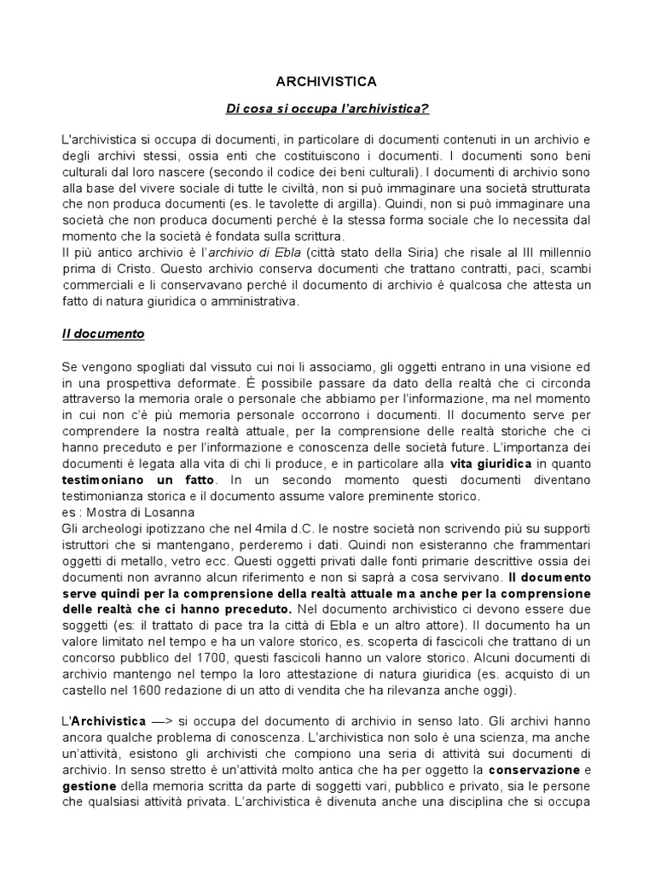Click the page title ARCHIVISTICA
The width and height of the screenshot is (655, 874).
click(327, 81)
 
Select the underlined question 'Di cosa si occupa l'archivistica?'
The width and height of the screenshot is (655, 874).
click(327, 109)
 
